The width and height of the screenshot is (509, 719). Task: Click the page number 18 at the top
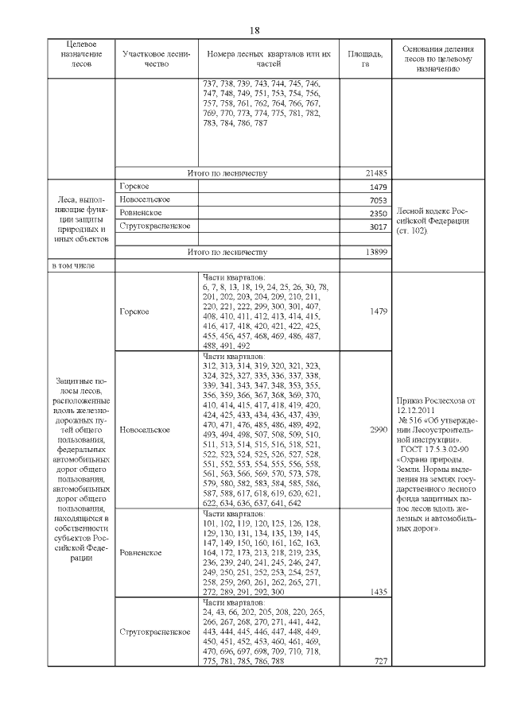pos(254,30)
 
